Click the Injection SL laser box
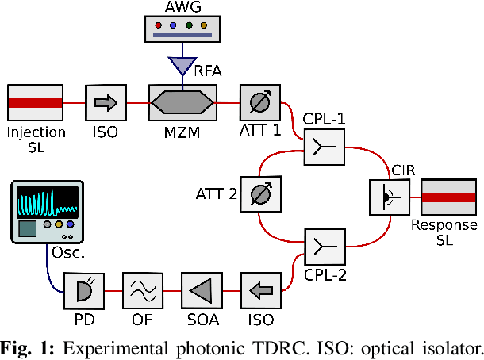pyautogui.click(x=36, y=103)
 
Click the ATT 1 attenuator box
pyautogui.click(x=259, y=103)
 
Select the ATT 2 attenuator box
pyautogui.click(x=259, y=193)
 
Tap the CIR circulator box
pyautogui.click(x=390, y=197)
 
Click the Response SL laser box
pyautogui.click(x=448, y=197)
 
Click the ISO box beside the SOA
pyautogui.click(x=259, y=291)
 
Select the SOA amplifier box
pyautogui.click(x=201, y=291)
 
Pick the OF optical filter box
pyautogui.click(x=142, y=291)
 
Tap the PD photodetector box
pyautogui.click(x=83, y=291)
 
